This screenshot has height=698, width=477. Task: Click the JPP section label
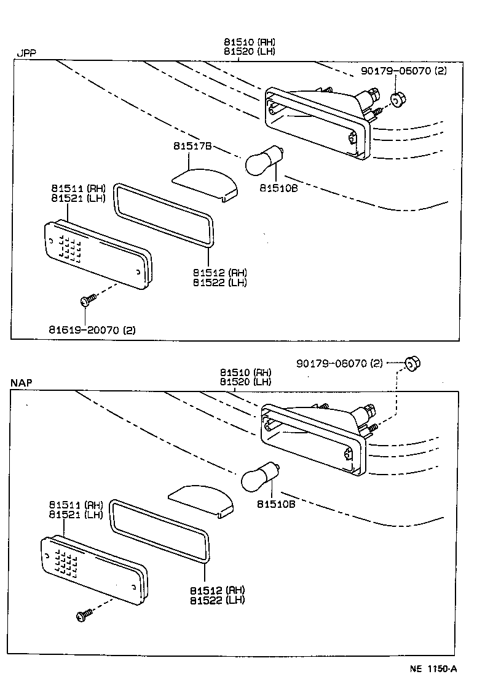point(26,54)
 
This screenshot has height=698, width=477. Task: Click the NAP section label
point(22,383)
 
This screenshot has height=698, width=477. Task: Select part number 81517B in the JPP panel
point(192,146)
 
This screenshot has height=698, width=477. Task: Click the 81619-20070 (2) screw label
point(92,330)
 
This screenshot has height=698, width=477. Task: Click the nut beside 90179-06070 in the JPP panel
point(397,98)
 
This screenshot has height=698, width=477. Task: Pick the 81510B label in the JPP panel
point(278,188)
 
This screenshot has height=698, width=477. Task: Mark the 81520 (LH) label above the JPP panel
point(249,51)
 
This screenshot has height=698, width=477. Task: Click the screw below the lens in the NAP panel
point(84,614)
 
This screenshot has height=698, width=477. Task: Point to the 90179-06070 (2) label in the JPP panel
point(404,71)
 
